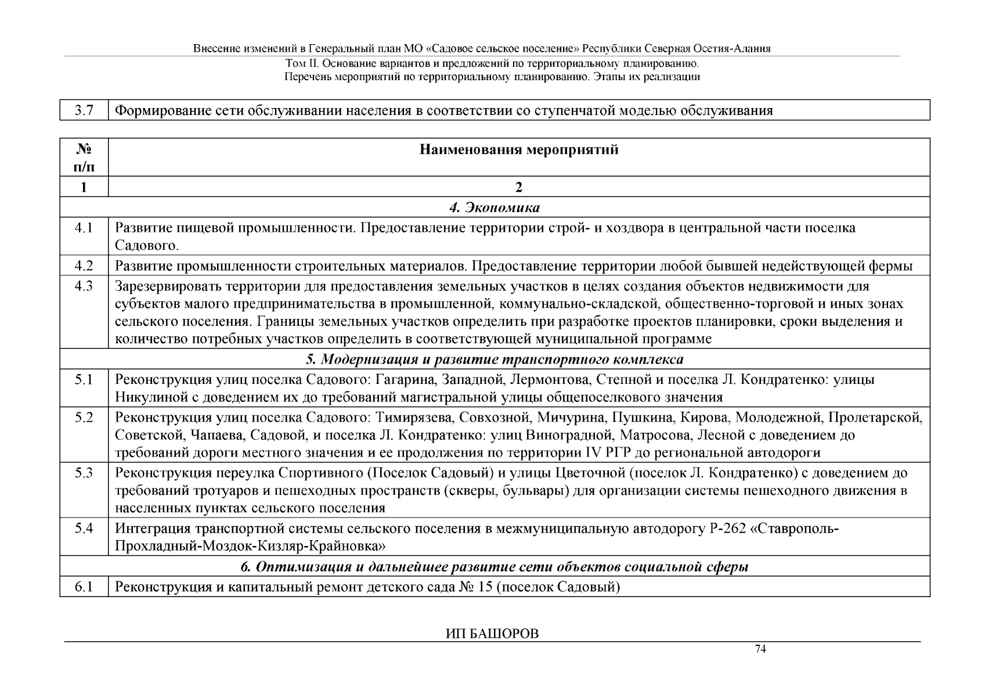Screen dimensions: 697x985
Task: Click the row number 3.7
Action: pos(84,110)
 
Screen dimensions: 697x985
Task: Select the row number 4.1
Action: pos(84,228)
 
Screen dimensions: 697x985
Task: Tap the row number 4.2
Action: pos(84,266)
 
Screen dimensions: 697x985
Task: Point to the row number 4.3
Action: pos(84,286)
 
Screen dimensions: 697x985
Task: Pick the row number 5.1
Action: pos(84,379)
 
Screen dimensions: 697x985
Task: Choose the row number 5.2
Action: pos(84,417)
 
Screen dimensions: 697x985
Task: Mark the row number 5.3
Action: pos(84,473)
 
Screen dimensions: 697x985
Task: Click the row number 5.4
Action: pos(84,529)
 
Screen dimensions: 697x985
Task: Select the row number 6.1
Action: pos(84,587)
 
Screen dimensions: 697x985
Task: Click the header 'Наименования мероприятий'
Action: pos(518,150)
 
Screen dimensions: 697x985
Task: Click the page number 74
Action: pos(760,649)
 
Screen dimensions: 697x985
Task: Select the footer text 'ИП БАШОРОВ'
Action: pos(492,634)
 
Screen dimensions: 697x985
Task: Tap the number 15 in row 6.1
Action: pos(485,587)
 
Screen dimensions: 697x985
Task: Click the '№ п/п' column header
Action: pos(84,158)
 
